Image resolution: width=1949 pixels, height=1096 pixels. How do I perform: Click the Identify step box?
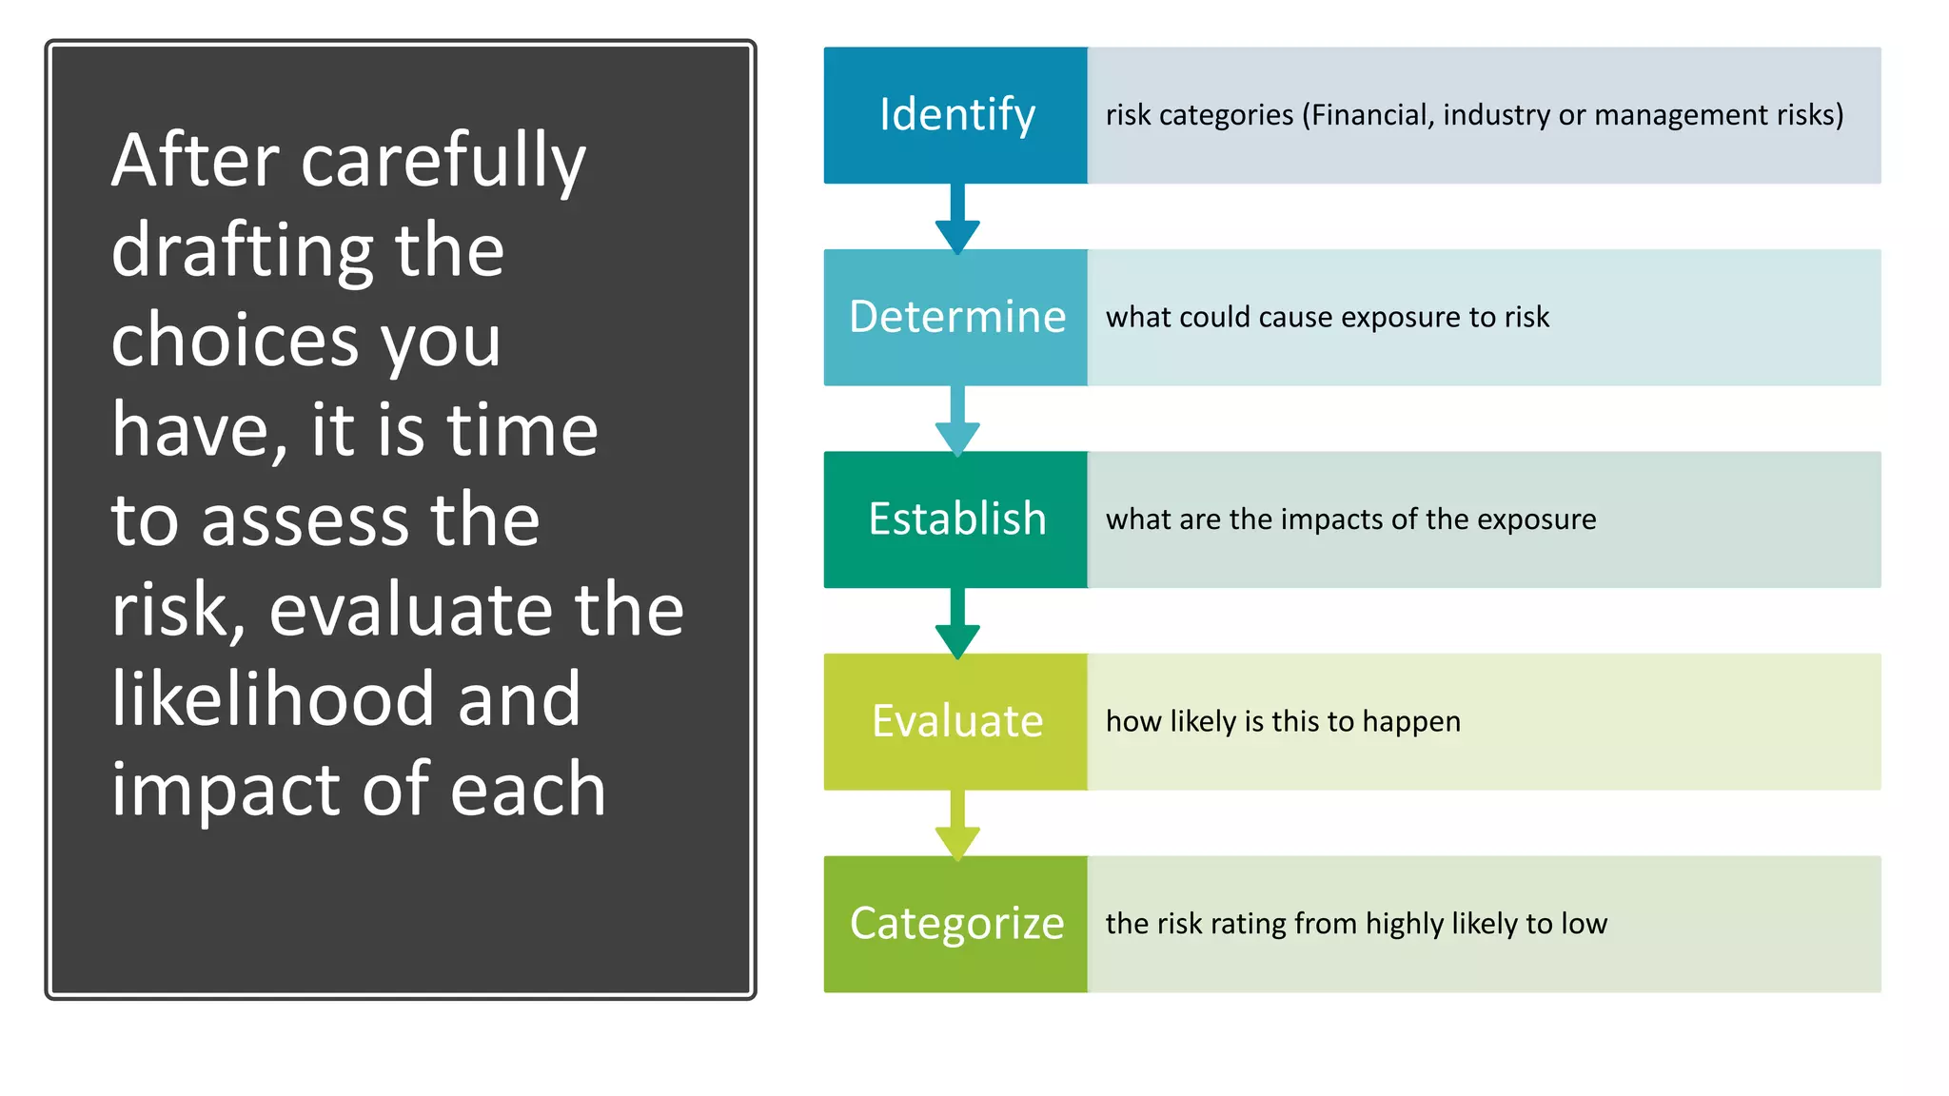[x=955, y=115]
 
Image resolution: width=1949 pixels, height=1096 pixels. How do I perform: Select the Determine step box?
[x=955, y=317]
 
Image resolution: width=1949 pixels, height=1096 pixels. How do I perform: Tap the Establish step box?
[x=955, y=519]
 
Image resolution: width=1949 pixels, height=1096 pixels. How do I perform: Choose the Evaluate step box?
[x=955, y=721]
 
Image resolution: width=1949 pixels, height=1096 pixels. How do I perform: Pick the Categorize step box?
[x=955, y=924]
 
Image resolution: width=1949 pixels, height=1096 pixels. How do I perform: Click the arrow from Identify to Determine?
[x=957, y=219]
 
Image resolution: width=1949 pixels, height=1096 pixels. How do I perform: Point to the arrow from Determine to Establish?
[x=957, y=421]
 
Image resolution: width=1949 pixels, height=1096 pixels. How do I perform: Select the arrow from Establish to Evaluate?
[x=957, y=623]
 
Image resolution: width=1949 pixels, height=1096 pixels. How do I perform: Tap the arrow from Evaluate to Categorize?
[x=957, y=825]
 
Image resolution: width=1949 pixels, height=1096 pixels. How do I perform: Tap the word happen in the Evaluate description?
[x=1411, y=722]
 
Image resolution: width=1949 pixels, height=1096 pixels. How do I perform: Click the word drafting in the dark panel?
[x=243, y=251]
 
